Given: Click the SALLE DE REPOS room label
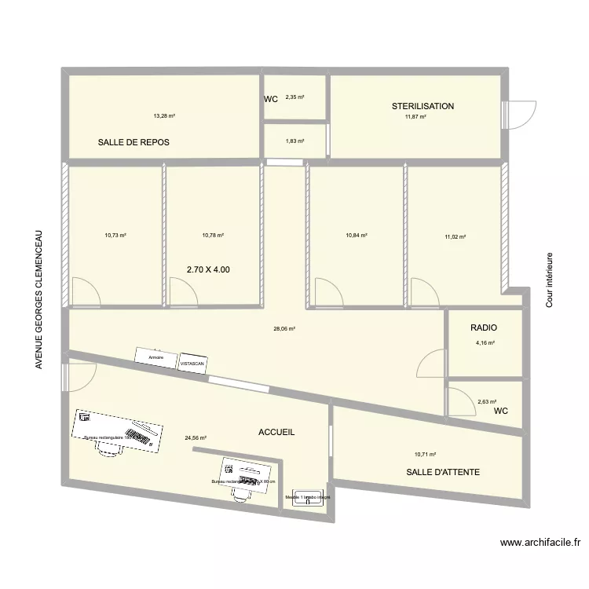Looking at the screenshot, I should click(134, 142).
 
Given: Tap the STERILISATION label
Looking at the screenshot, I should click(423, 106).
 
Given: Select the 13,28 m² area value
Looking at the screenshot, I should click(164, 116).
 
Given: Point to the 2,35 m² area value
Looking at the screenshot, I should click(294, 97).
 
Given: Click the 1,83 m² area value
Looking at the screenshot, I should click(294, 141).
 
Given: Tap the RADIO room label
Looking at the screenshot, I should click(484, 327).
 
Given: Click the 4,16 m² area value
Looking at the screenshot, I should click(485, 342).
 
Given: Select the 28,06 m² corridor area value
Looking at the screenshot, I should click(284, 329).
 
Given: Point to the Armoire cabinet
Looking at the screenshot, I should click(155, 358).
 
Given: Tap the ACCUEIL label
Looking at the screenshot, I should click(276, 432).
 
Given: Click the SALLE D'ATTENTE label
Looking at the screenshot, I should click(443, 472).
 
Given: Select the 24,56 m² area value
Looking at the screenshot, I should click(196, 439).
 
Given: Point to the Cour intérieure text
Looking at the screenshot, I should click(550, 280).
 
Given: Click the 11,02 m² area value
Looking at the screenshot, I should click(455, 236).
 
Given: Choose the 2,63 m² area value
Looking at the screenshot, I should click(487, 402).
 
